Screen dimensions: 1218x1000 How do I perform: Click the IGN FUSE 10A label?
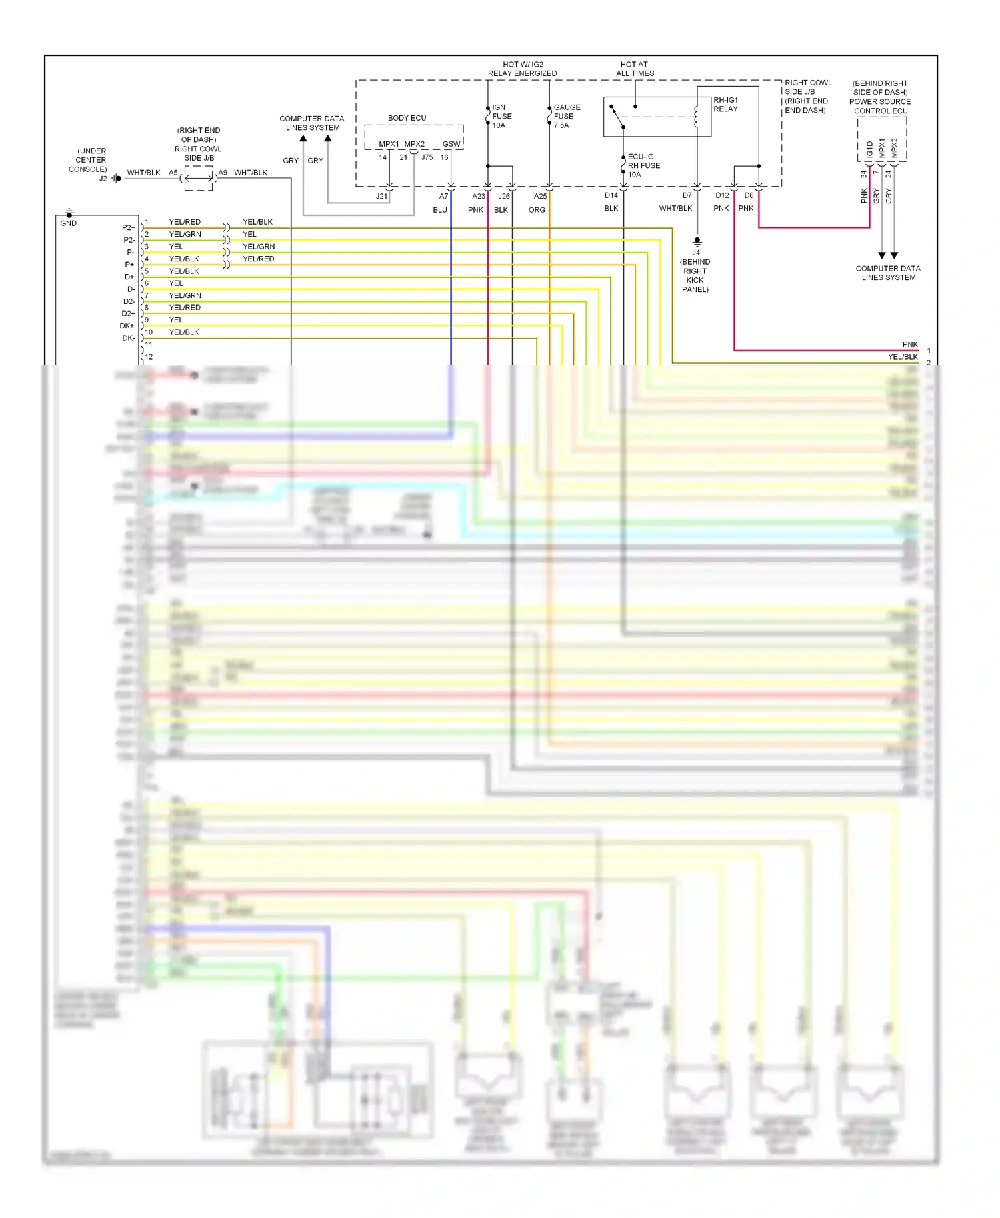(x=501, y=116)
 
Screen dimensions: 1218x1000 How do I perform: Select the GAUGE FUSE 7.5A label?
(x=566, y=116)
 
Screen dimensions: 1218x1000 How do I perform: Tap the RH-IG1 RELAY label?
(x=725, y=105)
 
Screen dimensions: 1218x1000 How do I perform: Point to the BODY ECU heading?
(x=407, y=118)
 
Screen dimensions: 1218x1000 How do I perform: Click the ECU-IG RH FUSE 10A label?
(x=643, y=165)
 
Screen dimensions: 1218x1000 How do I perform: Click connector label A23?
(x=479, y=196)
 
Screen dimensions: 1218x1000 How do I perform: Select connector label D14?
(x=611, y=195)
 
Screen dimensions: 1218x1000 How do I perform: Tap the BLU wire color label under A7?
(x=440, y=210)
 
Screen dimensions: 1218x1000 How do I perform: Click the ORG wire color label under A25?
(x=537, y=210)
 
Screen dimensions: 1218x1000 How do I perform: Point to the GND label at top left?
(x=69, y=223)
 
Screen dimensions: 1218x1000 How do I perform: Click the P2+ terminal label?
(x=128, y=228)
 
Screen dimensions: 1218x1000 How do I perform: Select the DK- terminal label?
(x=128, y=338)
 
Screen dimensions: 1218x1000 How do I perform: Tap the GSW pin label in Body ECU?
(x=451, y=144)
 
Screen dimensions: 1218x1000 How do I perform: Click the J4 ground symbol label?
(x=696, y=253)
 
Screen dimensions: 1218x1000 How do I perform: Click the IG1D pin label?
(x=870, y=149)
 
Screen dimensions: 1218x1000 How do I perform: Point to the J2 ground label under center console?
(x=103, y=179)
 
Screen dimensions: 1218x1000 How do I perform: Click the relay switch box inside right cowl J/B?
(x=657, y=117)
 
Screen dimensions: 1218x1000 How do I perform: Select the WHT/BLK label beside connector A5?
(x=143, y=173)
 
